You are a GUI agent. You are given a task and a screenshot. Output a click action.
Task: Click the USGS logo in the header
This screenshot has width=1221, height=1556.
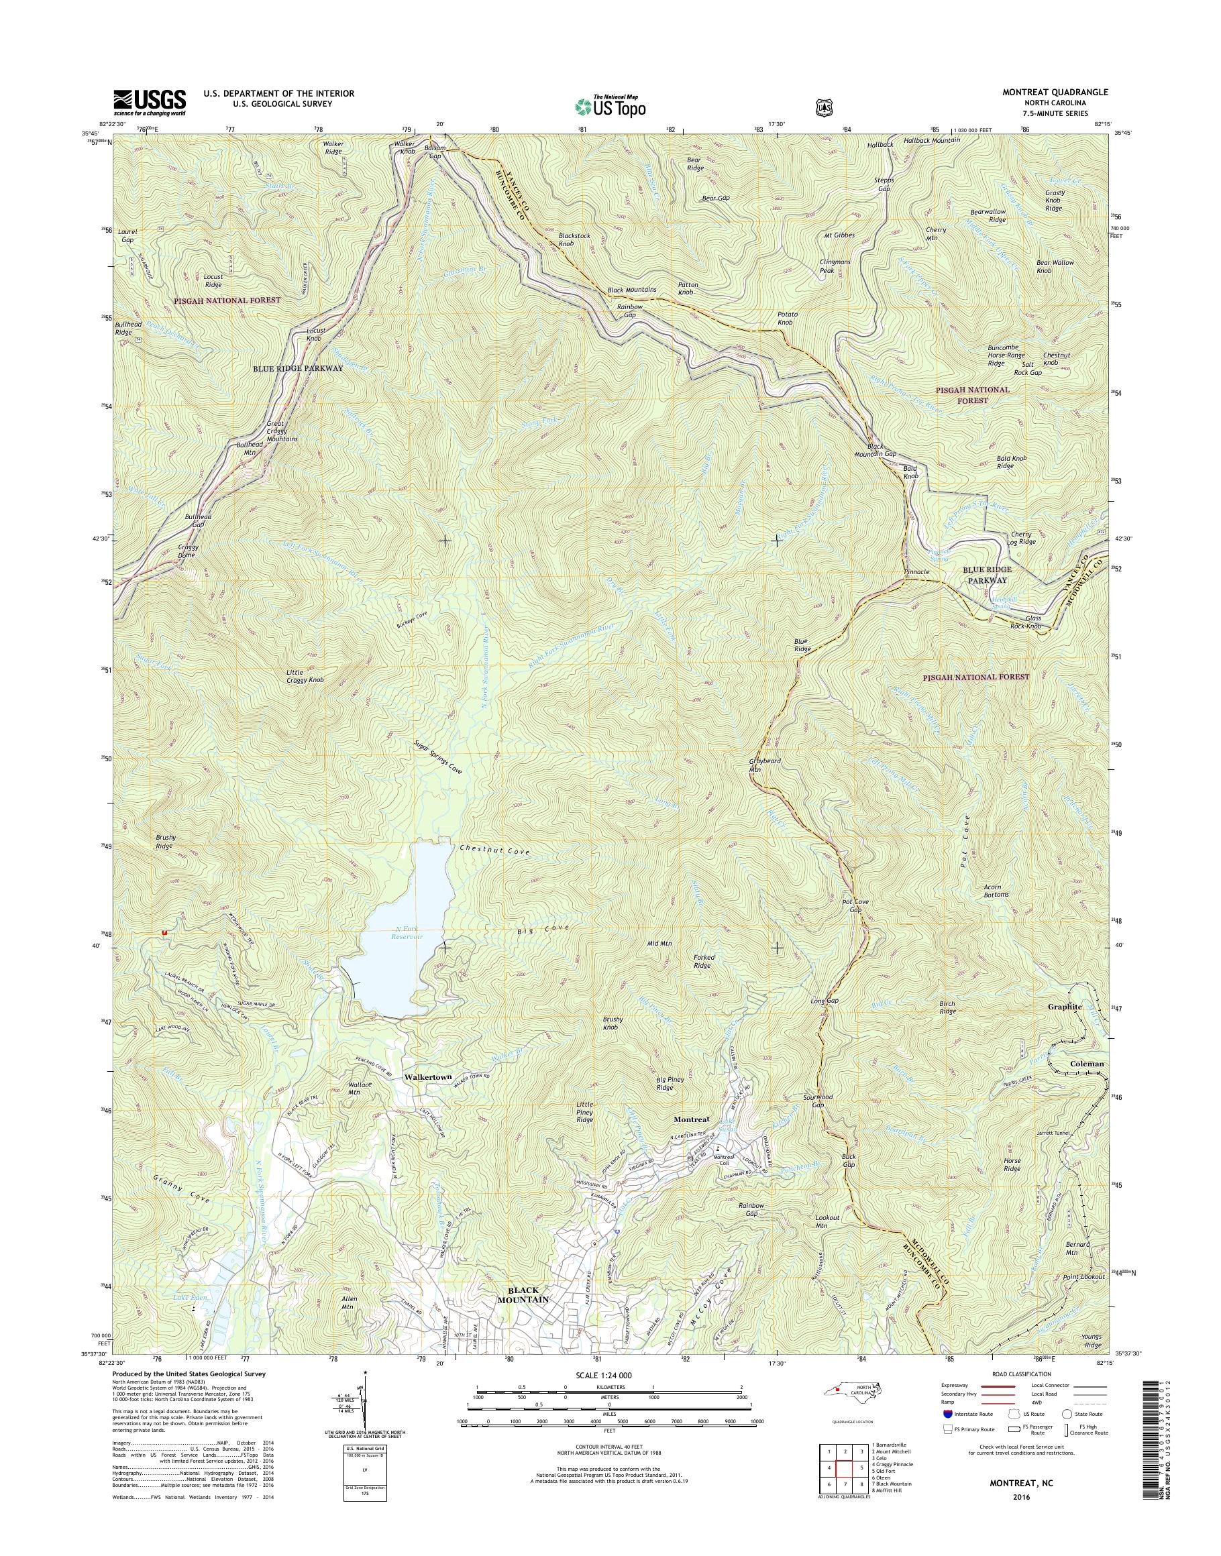point(150,102)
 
